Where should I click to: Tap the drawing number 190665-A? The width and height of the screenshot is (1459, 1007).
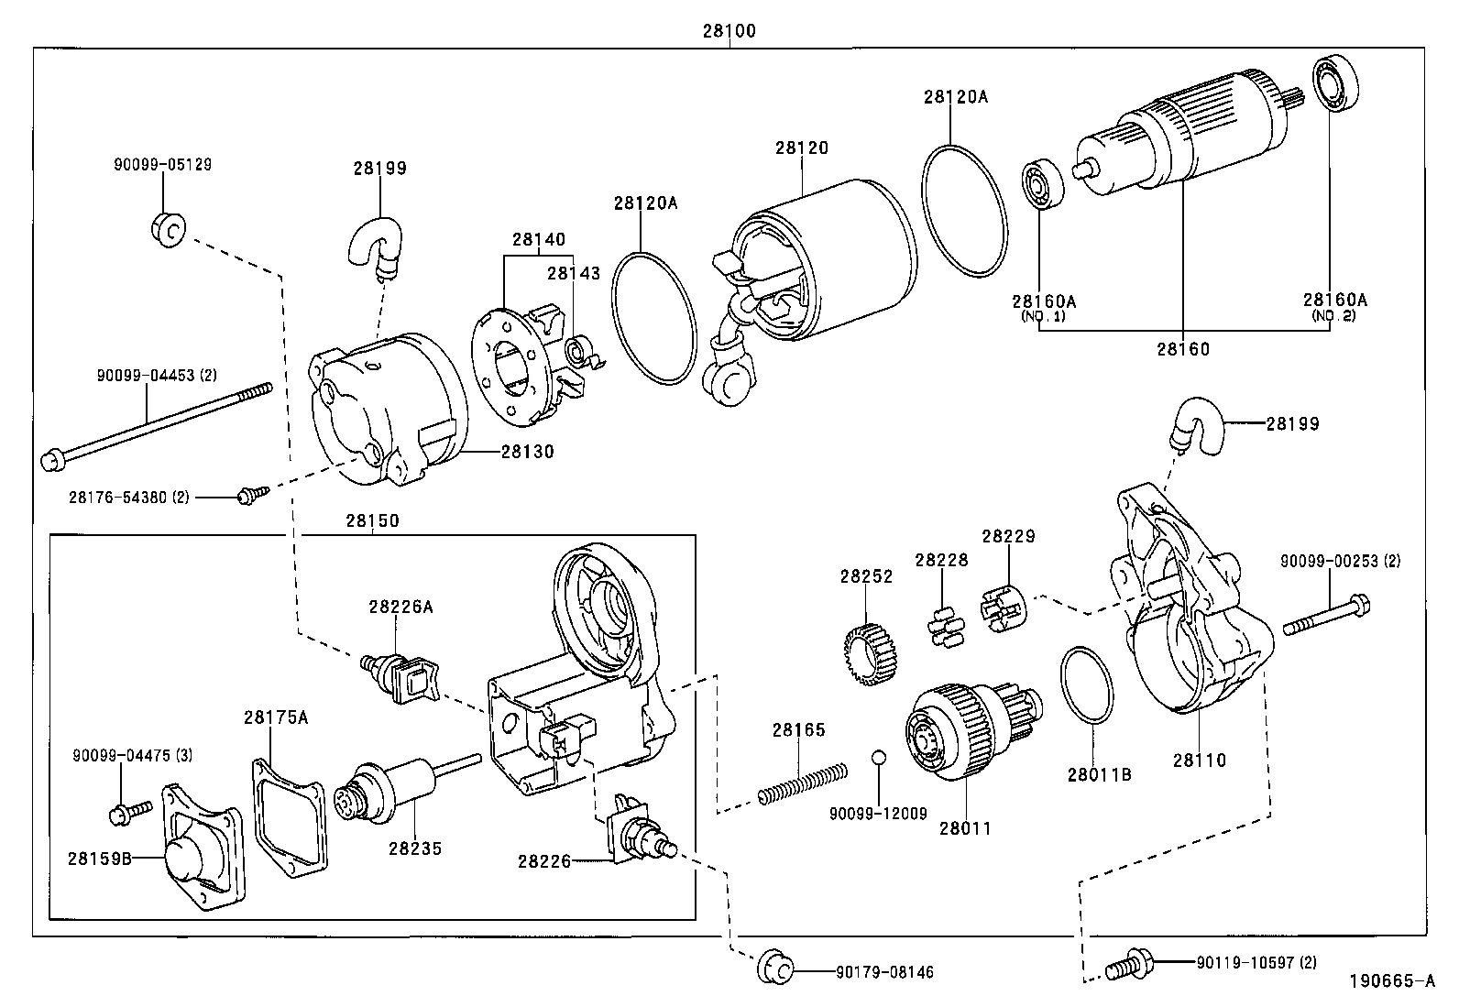tap(1391, 981)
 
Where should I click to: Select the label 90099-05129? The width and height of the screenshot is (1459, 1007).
tap(162, 165)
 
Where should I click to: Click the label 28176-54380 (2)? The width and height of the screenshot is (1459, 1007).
tap(128, 497)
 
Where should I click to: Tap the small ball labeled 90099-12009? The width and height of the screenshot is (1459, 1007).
tap(878, 757)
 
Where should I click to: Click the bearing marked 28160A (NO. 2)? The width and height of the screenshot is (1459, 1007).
tap(1336, 84)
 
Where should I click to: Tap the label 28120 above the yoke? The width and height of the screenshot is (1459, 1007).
tap(802, 148)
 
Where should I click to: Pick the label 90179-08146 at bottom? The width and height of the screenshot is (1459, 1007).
tap(884, 971)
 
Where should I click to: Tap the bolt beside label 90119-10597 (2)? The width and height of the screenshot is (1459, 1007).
tap(1127, 964)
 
